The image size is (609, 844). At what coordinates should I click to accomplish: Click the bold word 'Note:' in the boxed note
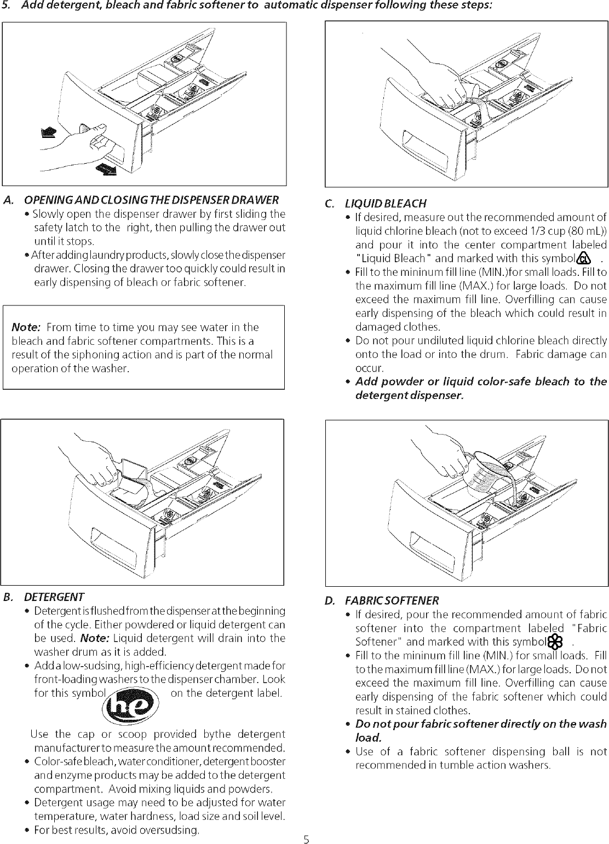pos(26,327)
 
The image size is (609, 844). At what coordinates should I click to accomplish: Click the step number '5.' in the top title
pos(6,5)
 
